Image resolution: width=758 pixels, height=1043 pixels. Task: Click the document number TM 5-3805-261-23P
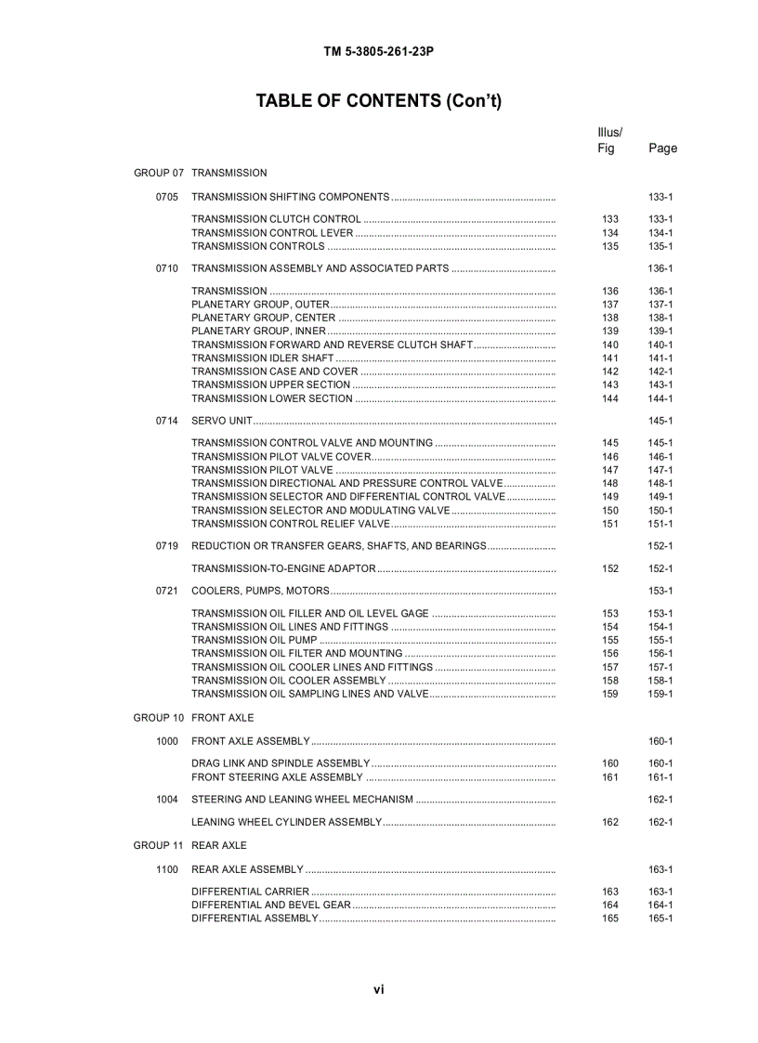[x=378, y=52]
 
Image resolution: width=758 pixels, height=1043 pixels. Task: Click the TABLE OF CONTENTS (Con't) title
[x=378, y=101]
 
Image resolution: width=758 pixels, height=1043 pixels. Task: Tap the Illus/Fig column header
[x=609, y=140]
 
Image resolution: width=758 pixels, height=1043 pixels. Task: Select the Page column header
[x=662, y=148]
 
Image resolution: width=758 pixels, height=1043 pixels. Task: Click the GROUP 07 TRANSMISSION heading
[x=200, y=173]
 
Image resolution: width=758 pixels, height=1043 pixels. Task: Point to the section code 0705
[x=166, y=197]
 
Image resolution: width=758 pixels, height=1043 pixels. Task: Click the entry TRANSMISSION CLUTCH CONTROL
[x=276, y=219]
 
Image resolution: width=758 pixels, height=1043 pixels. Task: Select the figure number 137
[x=610, y=305]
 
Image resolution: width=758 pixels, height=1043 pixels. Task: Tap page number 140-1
[x=660, y=345]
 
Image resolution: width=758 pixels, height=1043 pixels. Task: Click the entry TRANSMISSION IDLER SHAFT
[x=262, y=359]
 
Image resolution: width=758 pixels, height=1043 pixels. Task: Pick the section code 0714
[x=166, y=421]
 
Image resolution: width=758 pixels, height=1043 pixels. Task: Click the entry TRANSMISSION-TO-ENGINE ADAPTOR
[x=283, y=568]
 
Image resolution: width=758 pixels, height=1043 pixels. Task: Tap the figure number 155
[x=610, y=640]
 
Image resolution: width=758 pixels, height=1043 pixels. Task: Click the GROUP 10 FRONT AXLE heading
[x=193, y=718]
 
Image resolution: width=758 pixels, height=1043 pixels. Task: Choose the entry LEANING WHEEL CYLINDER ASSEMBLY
[x=286, y=822]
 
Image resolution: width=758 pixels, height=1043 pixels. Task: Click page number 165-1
[x=660, y=919]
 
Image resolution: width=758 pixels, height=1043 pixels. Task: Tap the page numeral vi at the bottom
[x=378, y=990]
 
